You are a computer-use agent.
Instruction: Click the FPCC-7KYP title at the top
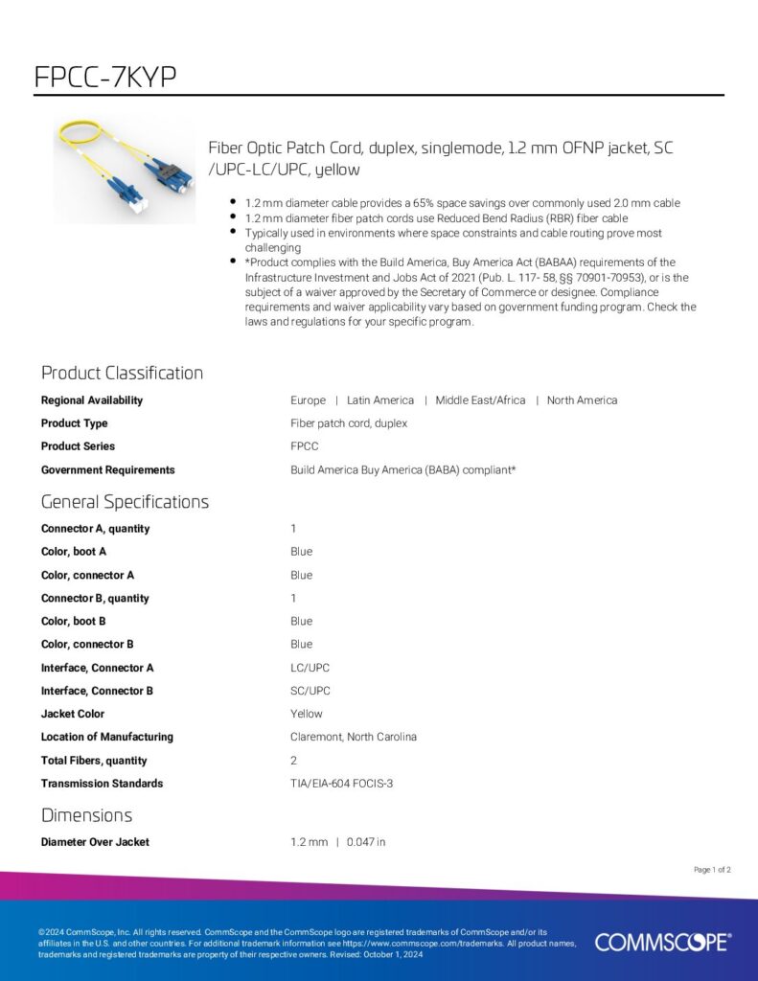tap(105, 77)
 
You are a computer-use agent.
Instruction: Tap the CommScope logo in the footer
tap(663, 942)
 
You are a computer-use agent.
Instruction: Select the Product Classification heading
tap(122, 373)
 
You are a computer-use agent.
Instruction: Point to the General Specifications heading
tap(125, 502)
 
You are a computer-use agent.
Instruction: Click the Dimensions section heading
tap(86, 815)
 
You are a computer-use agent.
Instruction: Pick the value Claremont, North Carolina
tap(354, 737)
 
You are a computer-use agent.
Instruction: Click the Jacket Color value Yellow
tap(307, 714)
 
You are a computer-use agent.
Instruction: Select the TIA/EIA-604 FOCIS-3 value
tap(341, 784)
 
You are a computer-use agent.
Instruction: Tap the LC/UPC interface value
tap(310, 668)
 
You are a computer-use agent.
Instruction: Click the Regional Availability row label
tap(92, 400)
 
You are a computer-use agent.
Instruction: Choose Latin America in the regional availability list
tap(380, 400)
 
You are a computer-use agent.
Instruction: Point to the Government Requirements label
tap(107, 470)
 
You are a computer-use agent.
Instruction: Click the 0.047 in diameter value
tap(366, 842)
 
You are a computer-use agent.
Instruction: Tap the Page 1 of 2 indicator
tap(712, 870)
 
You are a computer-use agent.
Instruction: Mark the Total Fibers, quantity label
tap(94, 761)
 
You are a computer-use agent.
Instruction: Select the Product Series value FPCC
tap(305, 446)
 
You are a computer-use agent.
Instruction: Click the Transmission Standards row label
tap(102, 784)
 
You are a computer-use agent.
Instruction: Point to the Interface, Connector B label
tap(97, 691)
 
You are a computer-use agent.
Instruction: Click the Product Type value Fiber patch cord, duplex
tap(349, 423)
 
